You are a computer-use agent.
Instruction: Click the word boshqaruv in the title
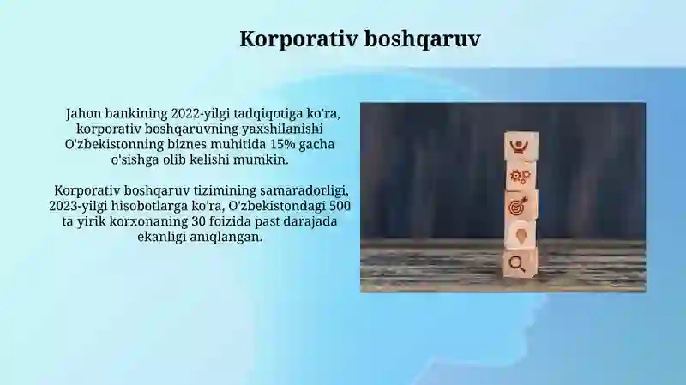[422, 39]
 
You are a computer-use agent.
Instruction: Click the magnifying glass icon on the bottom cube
[517, 264]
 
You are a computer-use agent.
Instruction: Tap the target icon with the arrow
[519, 206]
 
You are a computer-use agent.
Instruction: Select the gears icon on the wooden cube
[521, 176]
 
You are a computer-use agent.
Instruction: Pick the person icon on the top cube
[520, 145]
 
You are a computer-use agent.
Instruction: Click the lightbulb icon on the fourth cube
[521, 235]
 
